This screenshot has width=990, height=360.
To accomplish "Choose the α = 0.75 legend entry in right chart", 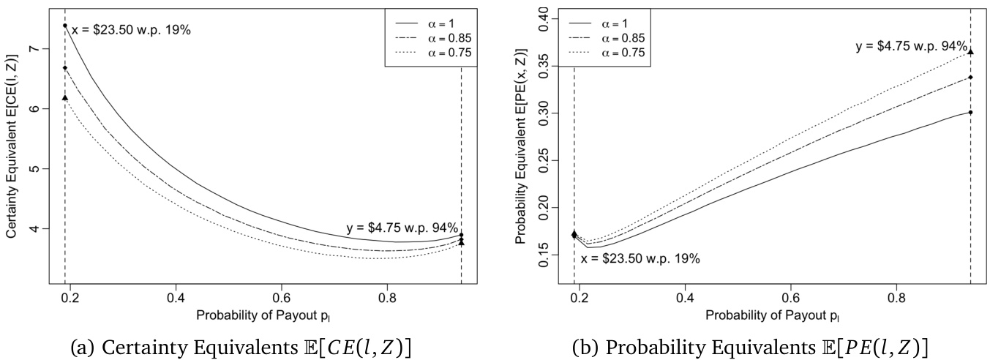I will tap(623, 53).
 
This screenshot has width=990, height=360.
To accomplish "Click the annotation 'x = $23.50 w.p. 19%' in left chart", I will tap(131, 31).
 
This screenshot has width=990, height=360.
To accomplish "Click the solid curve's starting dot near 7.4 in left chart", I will tap(65, 26).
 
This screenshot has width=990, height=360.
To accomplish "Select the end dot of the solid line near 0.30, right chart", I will tap(970, 112).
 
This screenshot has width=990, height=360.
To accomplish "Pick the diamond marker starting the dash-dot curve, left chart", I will tap(65, 68).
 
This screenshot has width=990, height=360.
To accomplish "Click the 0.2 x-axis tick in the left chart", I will tap(70, 299).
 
